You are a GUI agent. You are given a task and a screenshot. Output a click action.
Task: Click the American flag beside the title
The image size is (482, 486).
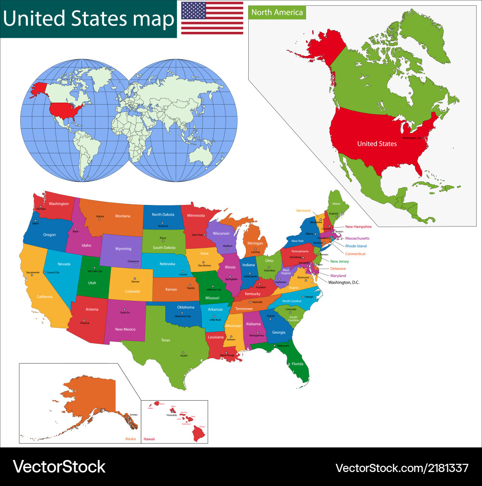(x=212, y=18)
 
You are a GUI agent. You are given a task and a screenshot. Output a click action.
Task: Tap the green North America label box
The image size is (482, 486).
(x=277, y=12)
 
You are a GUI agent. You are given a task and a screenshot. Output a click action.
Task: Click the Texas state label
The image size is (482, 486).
(x=165, y=340)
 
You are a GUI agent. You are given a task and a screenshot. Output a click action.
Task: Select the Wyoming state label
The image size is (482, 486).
(x=123, y=249)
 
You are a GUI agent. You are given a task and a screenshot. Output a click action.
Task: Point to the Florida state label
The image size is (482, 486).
(x=297, y=364)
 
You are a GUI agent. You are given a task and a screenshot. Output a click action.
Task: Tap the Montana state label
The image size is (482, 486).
(x=122, y=216)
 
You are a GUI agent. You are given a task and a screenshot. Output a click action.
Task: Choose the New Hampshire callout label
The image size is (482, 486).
(x=358, y=227)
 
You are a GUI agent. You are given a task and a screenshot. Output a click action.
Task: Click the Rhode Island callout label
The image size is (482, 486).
(x=356, y=246)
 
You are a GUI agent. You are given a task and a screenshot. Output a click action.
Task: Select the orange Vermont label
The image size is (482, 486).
(x=303, y=211)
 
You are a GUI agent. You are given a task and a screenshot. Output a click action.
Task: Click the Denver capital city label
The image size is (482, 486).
(x=135, y=282)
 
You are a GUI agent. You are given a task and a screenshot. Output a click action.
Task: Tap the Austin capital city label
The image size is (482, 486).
(x=184, y=355)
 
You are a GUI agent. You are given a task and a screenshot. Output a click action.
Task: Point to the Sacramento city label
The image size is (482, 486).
(x=33, y=273)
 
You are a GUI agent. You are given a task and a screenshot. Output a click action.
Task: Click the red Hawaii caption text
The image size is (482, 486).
(x=150, y=439)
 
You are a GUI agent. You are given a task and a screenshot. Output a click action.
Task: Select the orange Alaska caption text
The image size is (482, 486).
(x=130, y=439)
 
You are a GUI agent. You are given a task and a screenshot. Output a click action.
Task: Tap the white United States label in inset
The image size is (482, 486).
(x=377, y=144)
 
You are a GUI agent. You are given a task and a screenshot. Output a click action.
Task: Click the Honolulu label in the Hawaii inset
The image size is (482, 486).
(x=172, y=415)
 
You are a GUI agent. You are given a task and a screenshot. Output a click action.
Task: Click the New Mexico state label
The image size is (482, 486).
(x=125, y=329)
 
